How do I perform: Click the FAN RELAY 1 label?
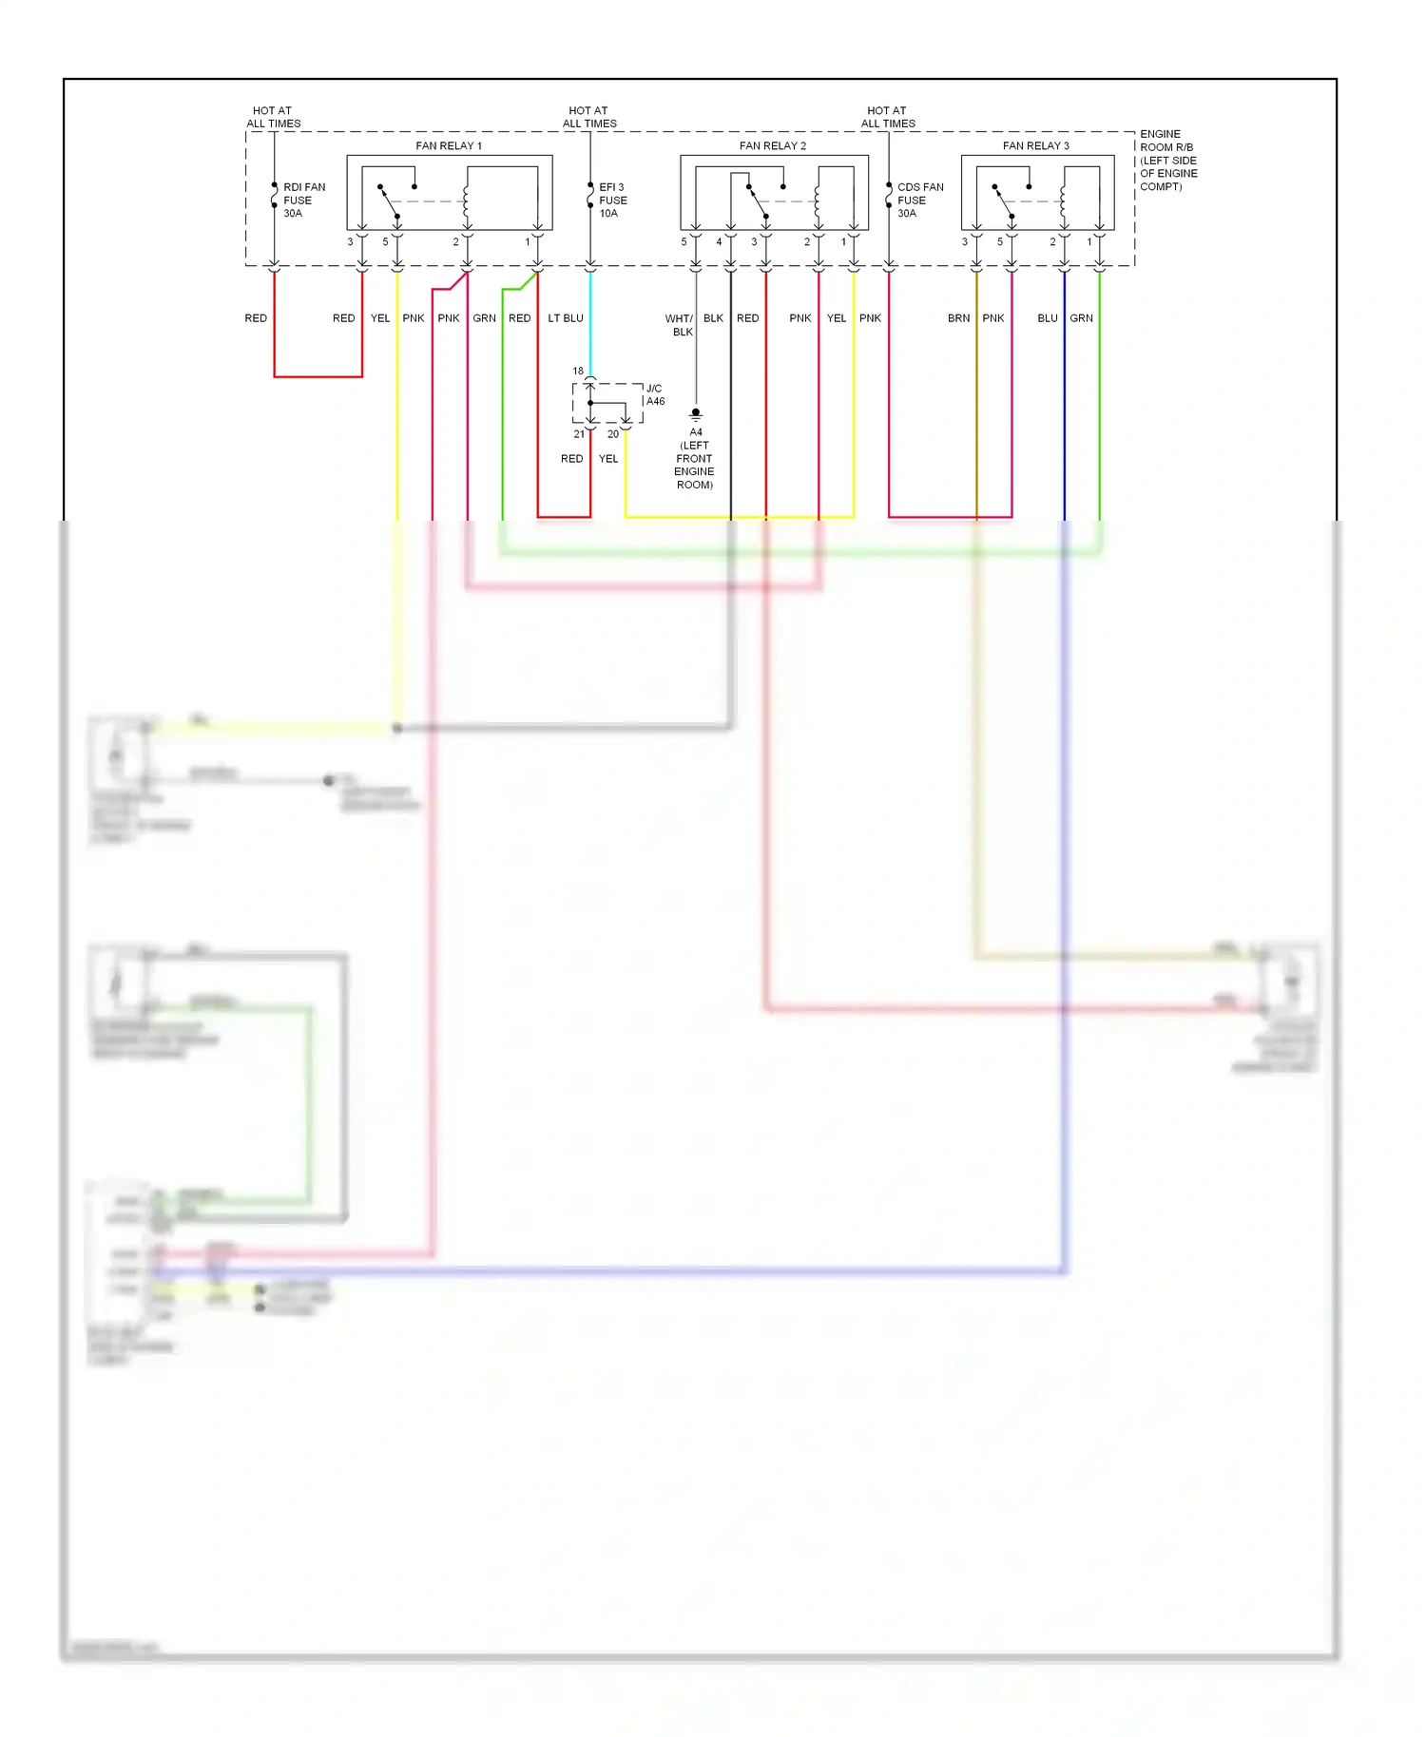point(449,145)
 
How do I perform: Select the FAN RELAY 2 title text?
point(772,145)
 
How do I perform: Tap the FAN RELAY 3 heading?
point(1035,145)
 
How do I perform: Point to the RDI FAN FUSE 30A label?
point(303,200)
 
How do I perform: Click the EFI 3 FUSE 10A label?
point(612,200)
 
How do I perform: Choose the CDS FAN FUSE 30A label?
point(919,200)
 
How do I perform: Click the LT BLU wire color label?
point(566,318)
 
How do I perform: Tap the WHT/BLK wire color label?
point(680,325)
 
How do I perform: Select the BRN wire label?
point(958,318)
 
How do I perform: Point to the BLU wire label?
point(1047,318)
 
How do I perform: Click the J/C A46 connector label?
point(655,394)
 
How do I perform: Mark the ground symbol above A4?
point(696,414)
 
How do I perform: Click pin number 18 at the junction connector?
point(578,371)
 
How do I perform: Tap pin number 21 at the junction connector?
point(579,434)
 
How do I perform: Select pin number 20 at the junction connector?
point(613,434)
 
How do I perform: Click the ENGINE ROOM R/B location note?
point(1168,160)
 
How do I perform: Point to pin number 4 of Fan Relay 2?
point(719,242)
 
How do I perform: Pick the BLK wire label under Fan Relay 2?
point(713,318)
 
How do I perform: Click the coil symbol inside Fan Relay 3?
point(1063,201)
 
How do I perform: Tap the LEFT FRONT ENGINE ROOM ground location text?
point(695,465)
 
